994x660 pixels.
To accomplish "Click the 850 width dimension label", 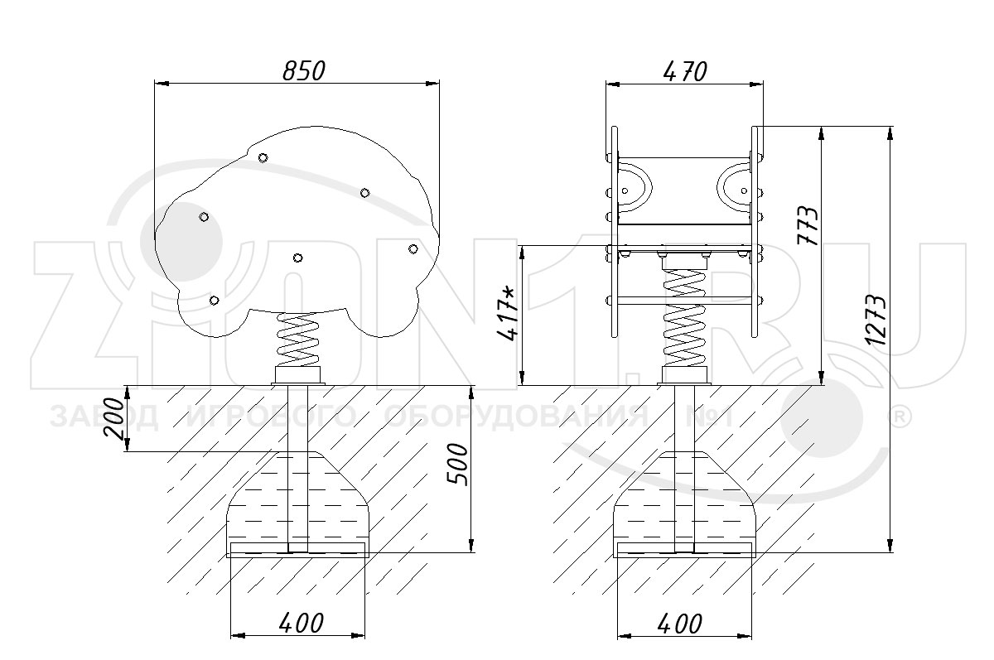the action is [304, 71].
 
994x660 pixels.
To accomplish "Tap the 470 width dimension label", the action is [685, 71].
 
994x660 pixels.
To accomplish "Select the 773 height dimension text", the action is [808, 225].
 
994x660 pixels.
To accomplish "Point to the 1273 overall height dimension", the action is [876, 320].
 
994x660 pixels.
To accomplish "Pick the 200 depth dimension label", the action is [113, 418].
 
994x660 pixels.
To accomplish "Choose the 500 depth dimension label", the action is [458, 464].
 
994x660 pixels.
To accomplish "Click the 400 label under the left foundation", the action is [302, 624].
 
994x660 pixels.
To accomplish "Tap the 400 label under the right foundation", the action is [680, 624].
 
